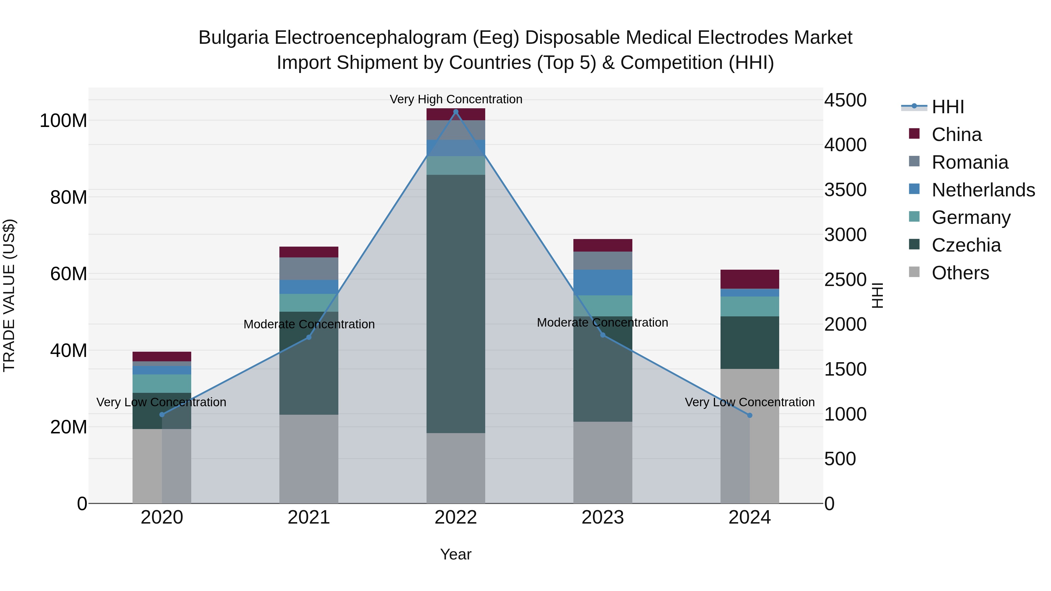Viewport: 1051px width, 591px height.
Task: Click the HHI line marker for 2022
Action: (456, 112)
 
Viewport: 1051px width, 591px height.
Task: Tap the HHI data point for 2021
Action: (309, 337)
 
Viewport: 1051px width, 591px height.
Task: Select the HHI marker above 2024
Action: (749, 415)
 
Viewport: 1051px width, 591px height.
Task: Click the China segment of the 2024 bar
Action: (749, 279)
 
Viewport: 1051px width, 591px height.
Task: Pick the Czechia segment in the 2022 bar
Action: (456, 304)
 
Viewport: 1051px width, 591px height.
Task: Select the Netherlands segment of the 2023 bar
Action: (603, 282)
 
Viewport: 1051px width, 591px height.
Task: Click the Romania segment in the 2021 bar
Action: (309, 269)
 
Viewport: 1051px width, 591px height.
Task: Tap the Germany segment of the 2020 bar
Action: (162, 383)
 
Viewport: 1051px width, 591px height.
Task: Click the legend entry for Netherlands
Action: (983, 190)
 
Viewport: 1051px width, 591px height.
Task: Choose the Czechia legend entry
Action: (966, 245)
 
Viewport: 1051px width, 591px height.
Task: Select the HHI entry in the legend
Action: (947, 107)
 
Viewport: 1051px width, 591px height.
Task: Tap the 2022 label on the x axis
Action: (456, 517)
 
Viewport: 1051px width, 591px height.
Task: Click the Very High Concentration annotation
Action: (456, 99)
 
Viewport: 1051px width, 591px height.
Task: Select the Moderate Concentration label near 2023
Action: (602, 322)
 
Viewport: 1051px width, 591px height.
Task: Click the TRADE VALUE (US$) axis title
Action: (9, 295)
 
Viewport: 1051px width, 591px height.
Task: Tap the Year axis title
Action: (456, 554)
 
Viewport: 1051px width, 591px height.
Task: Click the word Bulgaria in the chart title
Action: (233, 38)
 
